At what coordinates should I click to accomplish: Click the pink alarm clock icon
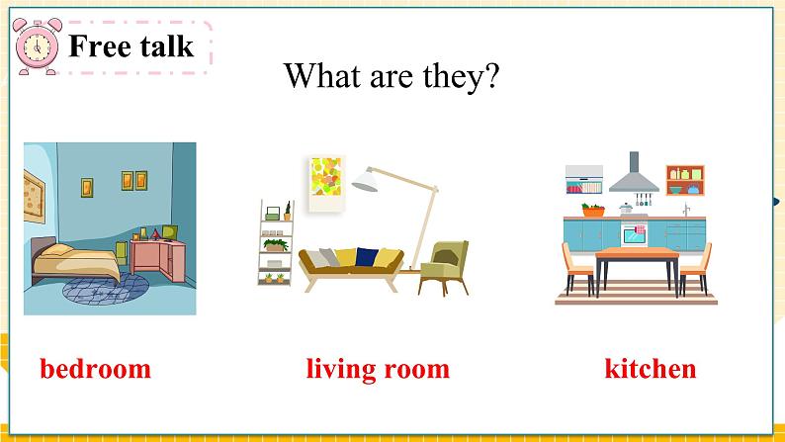point(39,45)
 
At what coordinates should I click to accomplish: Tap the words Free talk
point(131,45)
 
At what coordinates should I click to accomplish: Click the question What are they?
point(392,76)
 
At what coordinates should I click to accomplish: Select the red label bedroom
point(96,370)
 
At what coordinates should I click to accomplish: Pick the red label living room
point(378,370)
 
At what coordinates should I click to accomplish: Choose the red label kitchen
point(650,370)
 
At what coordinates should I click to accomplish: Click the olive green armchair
point(444,266)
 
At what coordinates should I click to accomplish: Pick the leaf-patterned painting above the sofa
point(325,183)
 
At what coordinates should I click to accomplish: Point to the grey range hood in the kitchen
point(633,175)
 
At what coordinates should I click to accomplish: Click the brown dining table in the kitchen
point(637,260)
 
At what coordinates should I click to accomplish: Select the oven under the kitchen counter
point(633,235)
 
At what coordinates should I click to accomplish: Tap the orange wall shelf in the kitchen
point(684,180)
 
